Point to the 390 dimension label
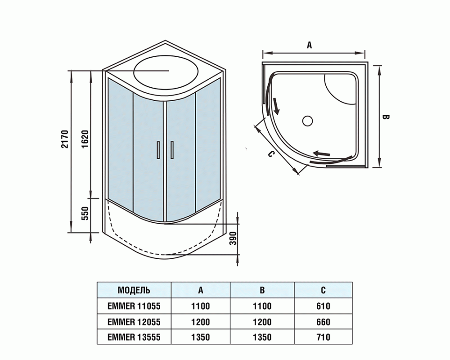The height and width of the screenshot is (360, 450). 233,238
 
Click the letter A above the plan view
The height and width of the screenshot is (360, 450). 309,45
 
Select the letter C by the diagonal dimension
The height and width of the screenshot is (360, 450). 271,154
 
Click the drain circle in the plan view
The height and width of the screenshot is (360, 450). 308,121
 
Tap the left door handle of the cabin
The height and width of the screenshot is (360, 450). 158,150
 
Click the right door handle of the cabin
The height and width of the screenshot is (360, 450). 171,150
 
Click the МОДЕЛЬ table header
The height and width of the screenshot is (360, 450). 134,290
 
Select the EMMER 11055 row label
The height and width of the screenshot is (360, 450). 134,306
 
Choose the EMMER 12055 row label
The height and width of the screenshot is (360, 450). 134,322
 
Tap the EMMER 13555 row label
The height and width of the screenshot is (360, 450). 134,337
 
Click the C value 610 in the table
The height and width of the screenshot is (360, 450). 323,306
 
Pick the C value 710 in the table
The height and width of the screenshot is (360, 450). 323,337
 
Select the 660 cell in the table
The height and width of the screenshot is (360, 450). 323,322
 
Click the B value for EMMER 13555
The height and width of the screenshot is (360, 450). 262,337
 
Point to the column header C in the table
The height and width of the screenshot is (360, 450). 323,290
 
